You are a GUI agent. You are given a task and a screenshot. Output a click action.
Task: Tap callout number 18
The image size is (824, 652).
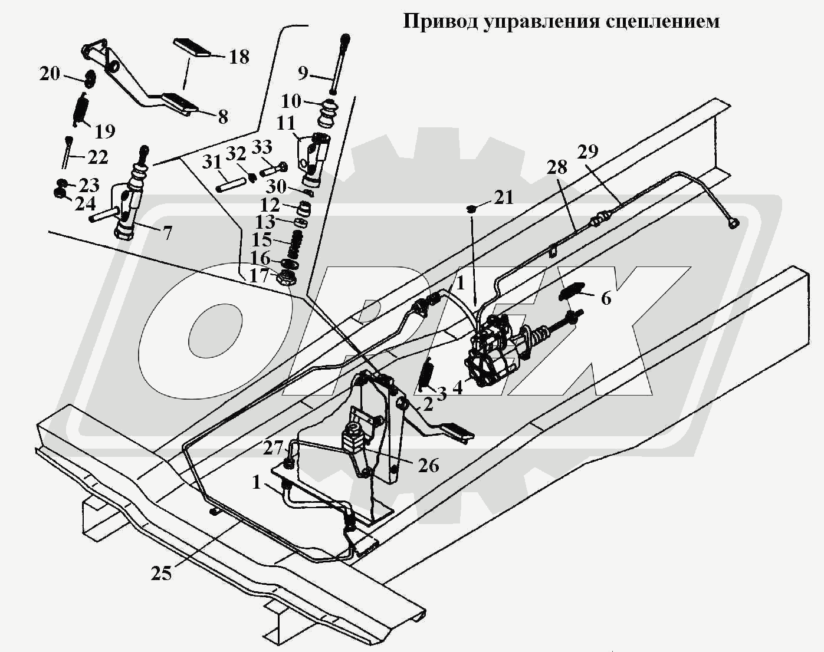[239, 57]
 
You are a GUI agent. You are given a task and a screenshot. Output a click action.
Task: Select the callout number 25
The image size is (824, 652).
[160, 573]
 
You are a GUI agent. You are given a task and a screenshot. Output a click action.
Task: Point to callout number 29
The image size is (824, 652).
[587, 152]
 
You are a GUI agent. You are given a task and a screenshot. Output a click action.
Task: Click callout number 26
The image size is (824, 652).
[428, 465]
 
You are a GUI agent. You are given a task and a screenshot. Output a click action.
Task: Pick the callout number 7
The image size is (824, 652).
[168, 233]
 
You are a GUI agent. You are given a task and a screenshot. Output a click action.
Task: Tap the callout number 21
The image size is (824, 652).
[504, 197]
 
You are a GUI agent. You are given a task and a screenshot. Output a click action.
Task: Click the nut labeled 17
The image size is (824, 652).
[287, 278]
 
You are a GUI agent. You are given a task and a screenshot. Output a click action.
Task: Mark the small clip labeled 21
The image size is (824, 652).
[472, 208]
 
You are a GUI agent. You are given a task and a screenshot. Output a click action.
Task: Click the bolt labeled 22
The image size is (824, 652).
[67, 152]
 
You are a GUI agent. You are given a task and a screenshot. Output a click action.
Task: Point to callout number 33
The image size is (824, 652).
[262, 147]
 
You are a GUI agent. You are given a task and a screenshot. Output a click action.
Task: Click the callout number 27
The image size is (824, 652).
[273, 447]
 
